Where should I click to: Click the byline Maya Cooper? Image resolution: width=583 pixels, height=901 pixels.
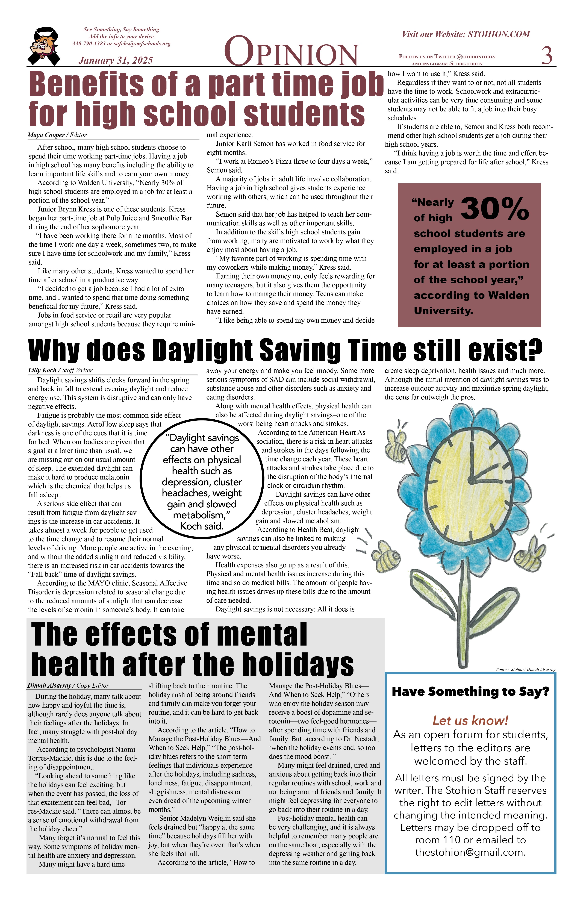pyautogui.click(x=46, y=135)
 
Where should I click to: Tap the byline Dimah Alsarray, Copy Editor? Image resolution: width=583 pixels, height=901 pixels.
pyautogui.click(x=68, y=685)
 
